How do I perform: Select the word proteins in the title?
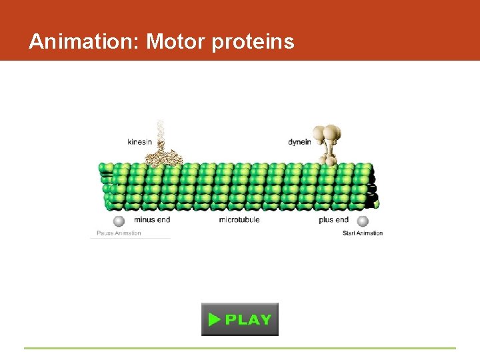253,43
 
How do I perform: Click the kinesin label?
139,141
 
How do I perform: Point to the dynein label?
299,141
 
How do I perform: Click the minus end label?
152,219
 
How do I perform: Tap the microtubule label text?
239,219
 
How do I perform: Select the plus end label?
333,219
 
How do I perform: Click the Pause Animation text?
119,233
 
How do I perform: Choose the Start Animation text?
363,233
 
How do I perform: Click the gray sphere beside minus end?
119,221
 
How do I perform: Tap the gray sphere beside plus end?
363,221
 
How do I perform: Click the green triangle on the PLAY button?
214,319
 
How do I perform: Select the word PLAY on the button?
248,319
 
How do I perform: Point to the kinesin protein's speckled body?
164,157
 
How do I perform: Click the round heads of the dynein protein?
329,133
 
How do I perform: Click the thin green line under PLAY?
240,348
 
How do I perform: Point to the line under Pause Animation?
131,238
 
